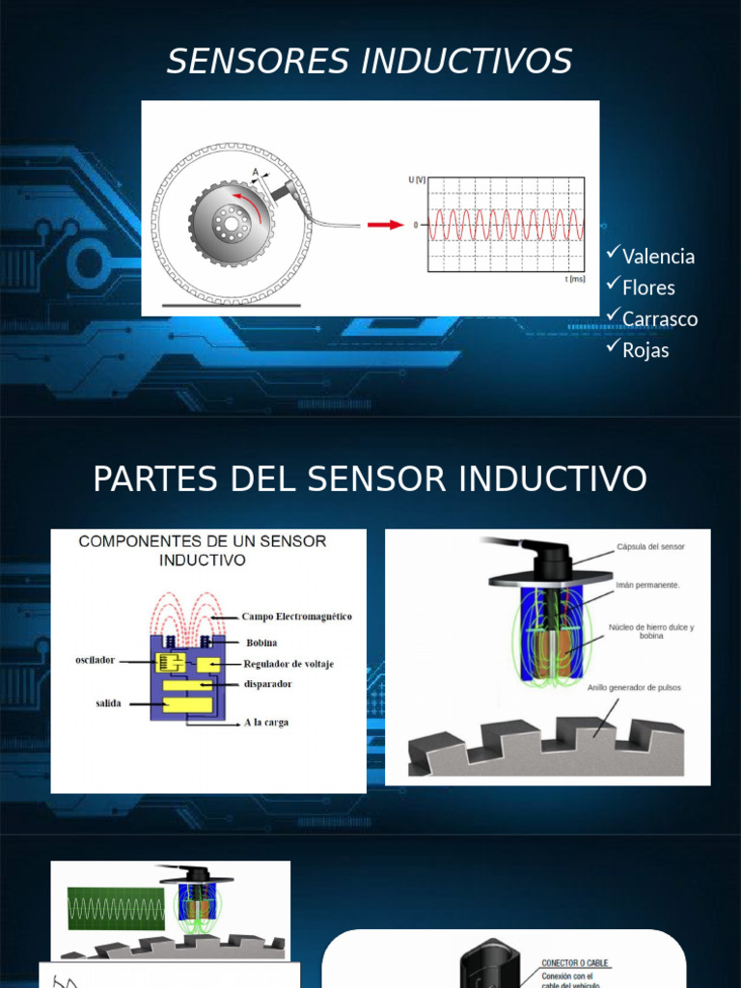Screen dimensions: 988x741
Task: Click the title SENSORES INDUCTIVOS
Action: pos(370,62)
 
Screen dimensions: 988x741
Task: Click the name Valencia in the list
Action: pos(658,257)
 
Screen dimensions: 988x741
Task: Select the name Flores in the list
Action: pos(648,288)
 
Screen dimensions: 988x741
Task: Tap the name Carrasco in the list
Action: pos(660,319)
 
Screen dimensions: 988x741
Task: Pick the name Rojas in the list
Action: pos(645,350)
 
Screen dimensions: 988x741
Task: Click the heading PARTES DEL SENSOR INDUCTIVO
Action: pos(370,479)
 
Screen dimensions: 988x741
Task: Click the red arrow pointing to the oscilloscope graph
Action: pos(385,225)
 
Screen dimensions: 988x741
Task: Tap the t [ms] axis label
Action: pos(574,279)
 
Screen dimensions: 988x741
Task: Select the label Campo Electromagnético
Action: pos(296,617)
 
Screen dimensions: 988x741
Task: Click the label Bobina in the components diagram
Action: pos(261,643)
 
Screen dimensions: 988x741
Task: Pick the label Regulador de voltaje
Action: pos(288,664)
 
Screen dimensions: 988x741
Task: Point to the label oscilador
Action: pos(96,660)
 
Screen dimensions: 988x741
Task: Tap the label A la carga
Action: pos(266,722)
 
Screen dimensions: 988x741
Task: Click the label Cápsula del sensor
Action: pos(650,547)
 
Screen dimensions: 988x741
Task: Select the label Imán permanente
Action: pos(647,585)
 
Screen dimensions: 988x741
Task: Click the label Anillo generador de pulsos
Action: pos(634,688)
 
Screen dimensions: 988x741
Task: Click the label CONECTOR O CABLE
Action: pos(575,963)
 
